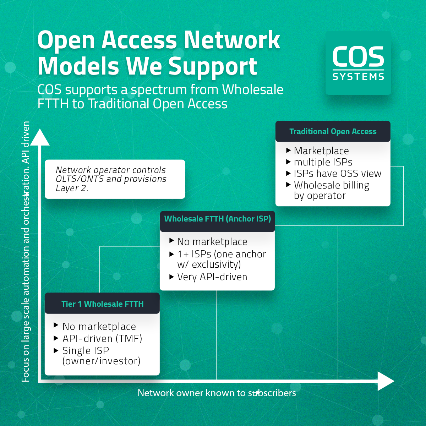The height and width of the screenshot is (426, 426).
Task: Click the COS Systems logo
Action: [358, 63]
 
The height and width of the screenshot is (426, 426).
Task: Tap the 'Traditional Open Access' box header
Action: [333, 131]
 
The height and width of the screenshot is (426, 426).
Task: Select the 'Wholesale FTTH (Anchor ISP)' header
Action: [217, 219]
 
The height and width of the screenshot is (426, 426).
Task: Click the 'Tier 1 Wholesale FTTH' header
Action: [102, 304]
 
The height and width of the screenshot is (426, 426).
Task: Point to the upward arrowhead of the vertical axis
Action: [40, 138]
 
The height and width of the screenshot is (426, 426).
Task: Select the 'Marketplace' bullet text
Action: [321, 151]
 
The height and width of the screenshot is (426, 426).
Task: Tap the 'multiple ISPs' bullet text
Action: [323, 162]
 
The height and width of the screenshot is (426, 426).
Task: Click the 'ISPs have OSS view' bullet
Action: [337, 174]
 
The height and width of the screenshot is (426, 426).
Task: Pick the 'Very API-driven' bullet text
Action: [212, 277]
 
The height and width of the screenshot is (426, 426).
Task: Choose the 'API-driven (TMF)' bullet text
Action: [102, 339]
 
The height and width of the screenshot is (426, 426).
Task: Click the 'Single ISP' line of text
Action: [86, 351]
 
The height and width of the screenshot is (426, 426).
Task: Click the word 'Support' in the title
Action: [213, 66]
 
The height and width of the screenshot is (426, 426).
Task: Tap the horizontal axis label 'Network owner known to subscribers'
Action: [217, 393]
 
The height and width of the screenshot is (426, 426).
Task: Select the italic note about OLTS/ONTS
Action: [111, 179]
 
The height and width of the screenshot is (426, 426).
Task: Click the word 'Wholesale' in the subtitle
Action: [252, 90]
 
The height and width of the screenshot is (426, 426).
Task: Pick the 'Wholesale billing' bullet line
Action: [331, 185]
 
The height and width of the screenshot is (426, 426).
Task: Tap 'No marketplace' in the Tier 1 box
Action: [99, 327]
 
